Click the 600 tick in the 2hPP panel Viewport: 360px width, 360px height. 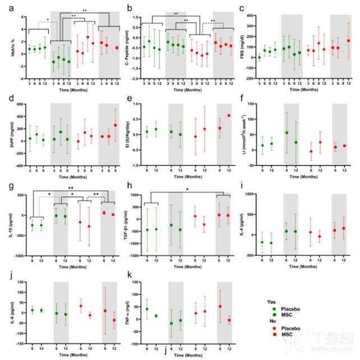[19, 104]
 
